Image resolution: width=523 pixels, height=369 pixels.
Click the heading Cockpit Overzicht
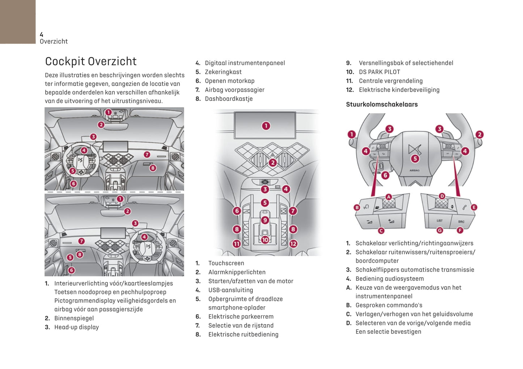pos(91,61)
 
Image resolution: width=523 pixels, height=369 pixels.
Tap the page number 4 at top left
pos(42,34)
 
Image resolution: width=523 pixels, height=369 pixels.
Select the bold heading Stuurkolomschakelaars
pos(381,104)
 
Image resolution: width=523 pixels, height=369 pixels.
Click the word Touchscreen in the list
pos(226,263)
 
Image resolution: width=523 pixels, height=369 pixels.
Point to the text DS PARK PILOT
pos(379,72)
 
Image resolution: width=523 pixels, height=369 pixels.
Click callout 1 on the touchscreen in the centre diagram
pos(266,126)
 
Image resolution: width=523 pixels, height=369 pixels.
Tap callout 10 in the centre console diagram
pos(265,240)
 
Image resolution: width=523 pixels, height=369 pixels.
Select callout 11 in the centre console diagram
pos(237,244)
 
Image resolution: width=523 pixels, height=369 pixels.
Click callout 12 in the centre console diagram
pos(293,244)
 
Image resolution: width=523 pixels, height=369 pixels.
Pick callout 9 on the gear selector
pos(265,220)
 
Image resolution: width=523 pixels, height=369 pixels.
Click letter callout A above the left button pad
pos(388,197)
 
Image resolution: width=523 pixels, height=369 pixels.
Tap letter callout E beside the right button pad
pos(474,207)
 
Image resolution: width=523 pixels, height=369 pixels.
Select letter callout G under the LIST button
pos(439,230)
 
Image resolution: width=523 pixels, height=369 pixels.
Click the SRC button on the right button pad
pos(461,221)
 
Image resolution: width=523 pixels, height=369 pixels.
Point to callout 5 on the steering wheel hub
pos(415,158)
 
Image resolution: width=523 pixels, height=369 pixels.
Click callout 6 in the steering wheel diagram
pos(385,175)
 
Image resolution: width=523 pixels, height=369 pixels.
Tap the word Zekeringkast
pos(223,72)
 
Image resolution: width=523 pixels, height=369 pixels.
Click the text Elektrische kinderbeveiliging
pos(399,90)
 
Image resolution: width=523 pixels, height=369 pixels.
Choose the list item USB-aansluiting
pos(231,290)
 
